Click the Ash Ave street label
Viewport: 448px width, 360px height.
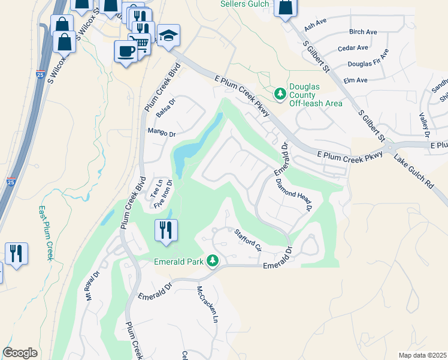[314, 27]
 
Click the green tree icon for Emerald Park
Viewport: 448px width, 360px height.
[212, 261]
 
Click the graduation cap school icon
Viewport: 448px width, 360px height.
[168, 36]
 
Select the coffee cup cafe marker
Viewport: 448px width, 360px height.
[126, 51]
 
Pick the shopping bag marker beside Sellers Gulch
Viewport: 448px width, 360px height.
[286, 8]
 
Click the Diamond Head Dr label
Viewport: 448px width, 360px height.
[294, 196]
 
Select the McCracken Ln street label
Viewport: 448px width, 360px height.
[206, 304]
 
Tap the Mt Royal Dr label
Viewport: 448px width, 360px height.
[92, 287]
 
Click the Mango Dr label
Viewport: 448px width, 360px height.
[161, 134]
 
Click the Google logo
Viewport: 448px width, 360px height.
[20, 353]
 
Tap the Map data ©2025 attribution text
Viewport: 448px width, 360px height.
[422, 355]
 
